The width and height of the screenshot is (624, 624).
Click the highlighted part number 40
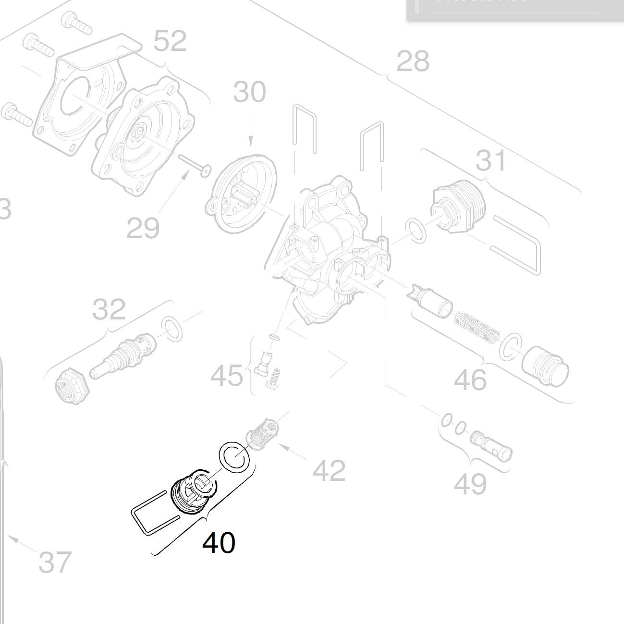coord(219,542)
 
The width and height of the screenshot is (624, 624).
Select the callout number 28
coord(413,61)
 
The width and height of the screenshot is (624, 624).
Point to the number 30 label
coord(249,92)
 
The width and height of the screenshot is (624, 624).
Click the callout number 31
coord(490,160)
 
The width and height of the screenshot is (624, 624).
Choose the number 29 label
coord(143,228)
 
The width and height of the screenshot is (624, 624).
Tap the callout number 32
coord(109,310)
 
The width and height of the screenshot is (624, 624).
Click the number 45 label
coord(227,375)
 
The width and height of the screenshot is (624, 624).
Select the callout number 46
coord(470,380)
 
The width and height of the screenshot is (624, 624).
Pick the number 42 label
coord(329,471)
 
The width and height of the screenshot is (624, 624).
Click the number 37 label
coord(55,563)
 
